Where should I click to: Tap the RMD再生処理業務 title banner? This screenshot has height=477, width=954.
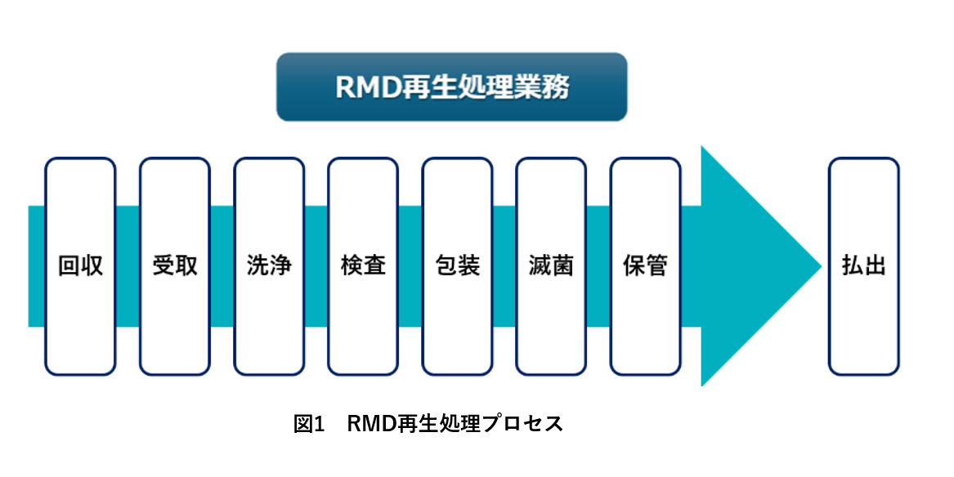pos(451,87)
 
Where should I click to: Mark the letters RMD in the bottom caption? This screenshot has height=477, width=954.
pos(371,424)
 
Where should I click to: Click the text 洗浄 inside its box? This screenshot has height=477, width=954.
pos(269,266)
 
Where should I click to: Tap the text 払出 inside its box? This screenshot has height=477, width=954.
pos(863,266)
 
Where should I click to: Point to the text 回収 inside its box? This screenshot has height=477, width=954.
pos(80,266)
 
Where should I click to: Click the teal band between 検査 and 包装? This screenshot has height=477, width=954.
pos(410,266)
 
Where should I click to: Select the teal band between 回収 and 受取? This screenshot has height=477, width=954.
pos(128,266)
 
